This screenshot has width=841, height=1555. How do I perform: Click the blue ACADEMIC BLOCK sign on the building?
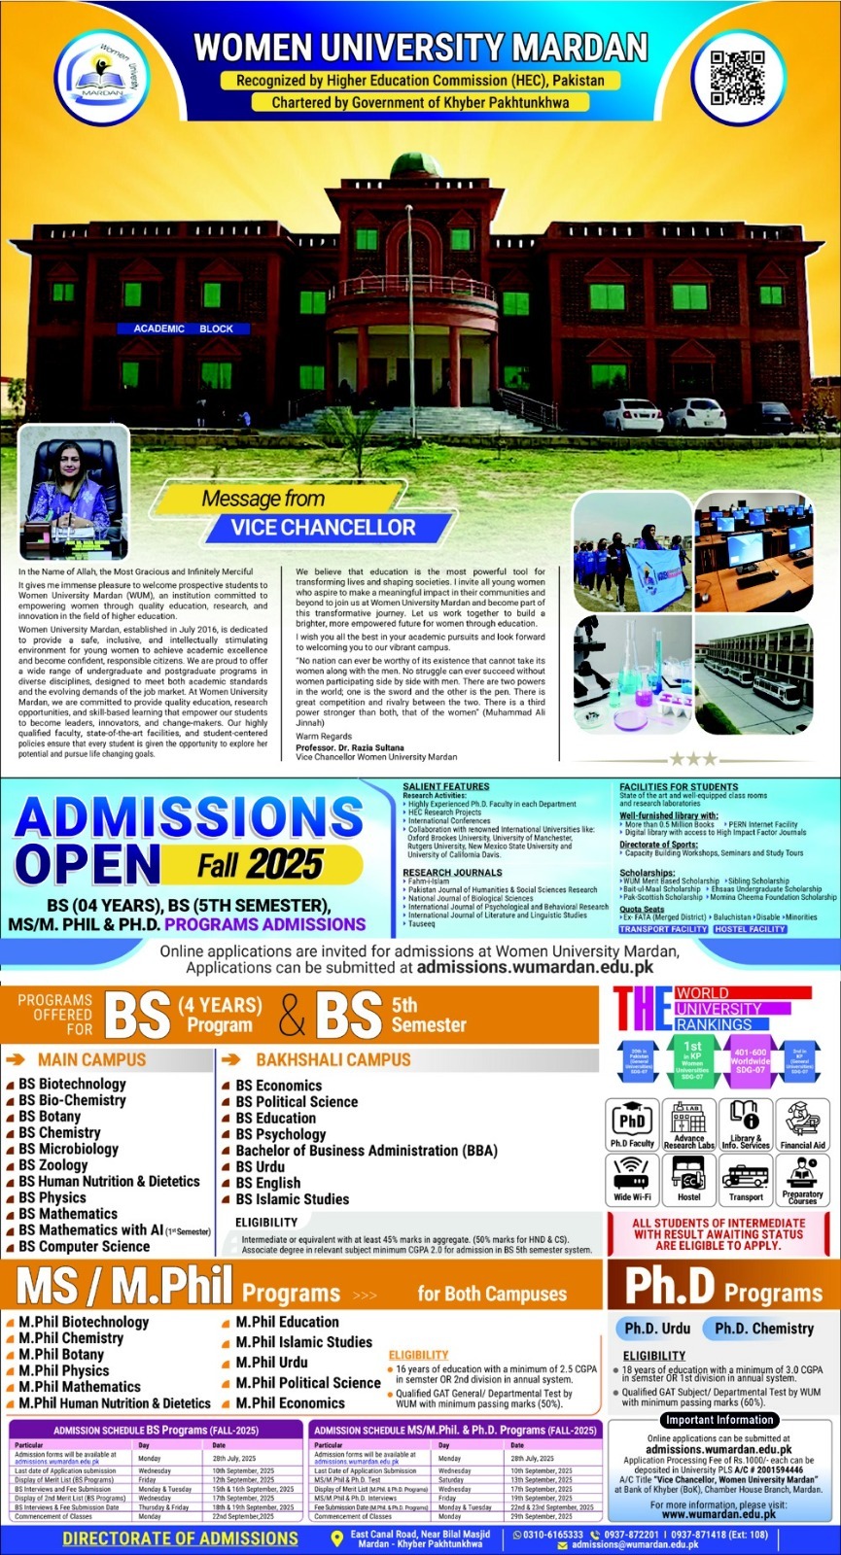point(183,328)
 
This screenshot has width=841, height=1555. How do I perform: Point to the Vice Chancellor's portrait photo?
point(72,498)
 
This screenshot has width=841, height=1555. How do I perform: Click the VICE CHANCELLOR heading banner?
point(323,528)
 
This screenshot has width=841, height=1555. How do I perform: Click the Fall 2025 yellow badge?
point(261,864)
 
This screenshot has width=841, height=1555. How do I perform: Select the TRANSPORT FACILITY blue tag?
point(663,929)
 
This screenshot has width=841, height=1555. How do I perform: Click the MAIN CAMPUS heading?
point(91,1059)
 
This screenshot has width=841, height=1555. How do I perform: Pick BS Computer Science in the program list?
point(85,1246)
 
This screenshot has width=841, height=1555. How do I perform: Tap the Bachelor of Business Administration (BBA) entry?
point(367,1150)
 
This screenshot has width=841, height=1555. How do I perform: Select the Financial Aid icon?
point(802,1124)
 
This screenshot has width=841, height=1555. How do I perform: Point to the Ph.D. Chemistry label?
point(763,1329)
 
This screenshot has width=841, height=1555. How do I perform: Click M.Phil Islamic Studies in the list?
point(304,1342)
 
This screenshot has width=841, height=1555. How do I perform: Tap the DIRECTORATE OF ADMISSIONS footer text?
point(180,1538)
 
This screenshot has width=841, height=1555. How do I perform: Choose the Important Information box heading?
point(718,1420)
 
